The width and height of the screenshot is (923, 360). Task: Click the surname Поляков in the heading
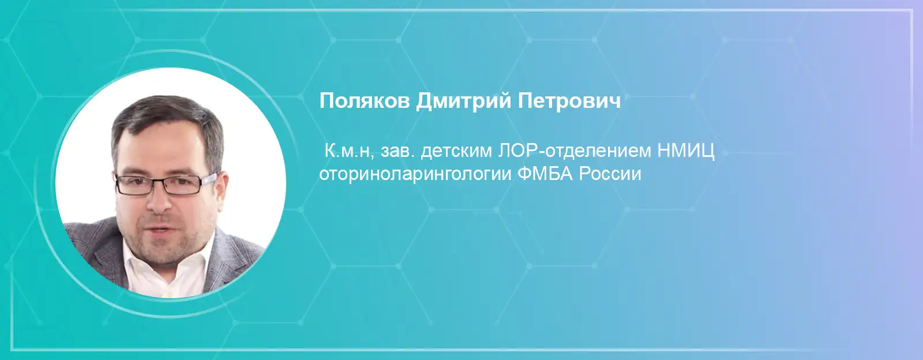[364, 101]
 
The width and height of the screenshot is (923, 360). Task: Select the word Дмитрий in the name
[463, 102]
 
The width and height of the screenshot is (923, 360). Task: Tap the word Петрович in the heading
[569, 102]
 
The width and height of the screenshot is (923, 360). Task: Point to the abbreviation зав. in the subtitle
[397, 151]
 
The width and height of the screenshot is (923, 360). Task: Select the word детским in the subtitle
[456, 152]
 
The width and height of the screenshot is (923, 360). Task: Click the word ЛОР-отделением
[574, 152]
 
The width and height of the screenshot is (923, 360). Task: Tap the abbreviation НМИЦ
[686, 152]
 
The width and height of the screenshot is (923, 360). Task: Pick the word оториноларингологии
[414, 174]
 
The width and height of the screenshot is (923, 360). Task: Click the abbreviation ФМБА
[545, 174]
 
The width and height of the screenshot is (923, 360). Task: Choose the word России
[610, 174]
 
